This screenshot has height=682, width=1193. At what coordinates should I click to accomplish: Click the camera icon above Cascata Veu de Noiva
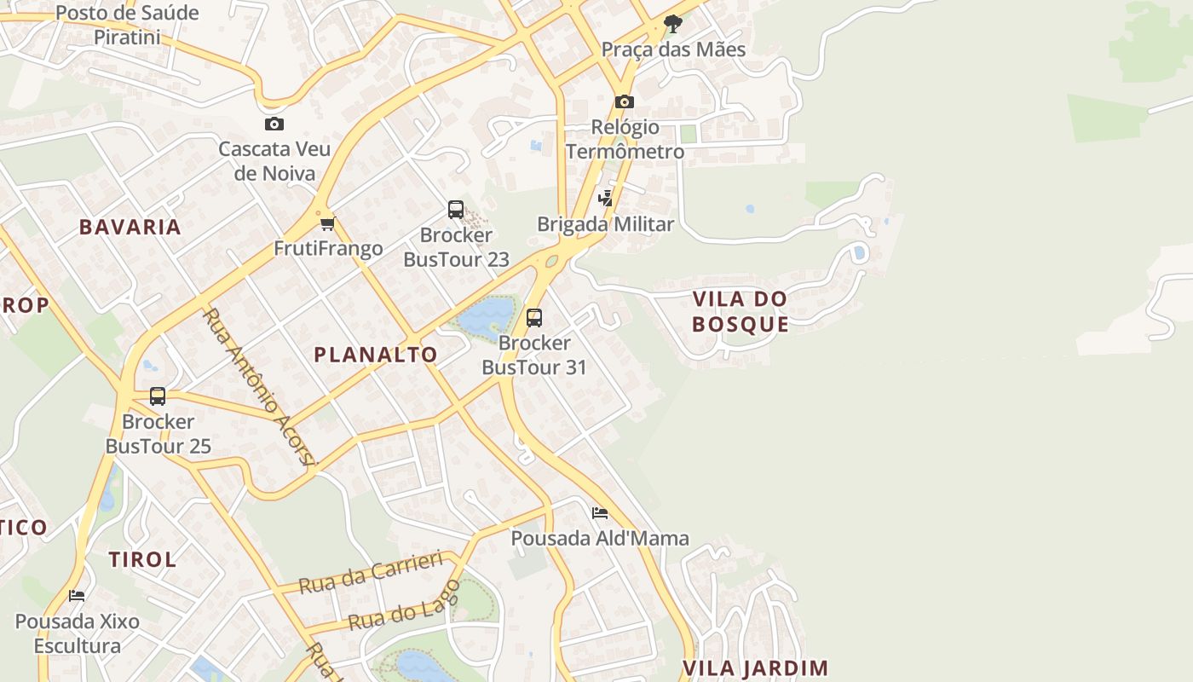274,124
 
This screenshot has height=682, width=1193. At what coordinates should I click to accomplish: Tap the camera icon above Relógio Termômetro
625,101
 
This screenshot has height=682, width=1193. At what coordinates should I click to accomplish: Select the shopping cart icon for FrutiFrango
327,223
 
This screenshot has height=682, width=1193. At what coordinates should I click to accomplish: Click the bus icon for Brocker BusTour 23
456,209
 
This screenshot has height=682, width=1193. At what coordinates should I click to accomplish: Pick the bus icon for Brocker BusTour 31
534,318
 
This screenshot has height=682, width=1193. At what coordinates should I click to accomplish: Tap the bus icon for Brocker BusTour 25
158,396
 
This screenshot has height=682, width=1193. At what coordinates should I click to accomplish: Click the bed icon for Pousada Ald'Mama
600,513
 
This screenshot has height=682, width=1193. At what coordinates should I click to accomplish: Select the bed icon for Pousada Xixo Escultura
77,596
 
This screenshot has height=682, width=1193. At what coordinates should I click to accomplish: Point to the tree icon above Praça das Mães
673,23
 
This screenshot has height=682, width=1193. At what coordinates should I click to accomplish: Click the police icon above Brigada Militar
605,199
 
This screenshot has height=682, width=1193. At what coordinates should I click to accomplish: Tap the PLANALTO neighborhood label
376,355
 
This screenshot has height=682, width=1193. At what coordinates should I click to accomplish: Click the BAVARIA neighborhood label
130,227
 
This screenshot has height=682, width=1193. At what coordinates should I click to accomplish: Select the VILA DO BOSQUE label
740,311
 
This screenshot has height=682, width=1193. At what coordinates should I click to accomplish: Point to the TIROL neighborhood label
142,559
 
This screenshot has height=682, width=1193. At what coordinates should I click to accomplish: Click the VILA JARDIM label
756,668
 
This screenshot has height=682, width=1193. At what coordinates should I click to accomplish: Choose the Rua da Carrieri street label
371,573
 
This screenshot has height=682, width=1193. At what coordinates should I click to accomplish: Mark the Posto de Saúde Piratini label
127,25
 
